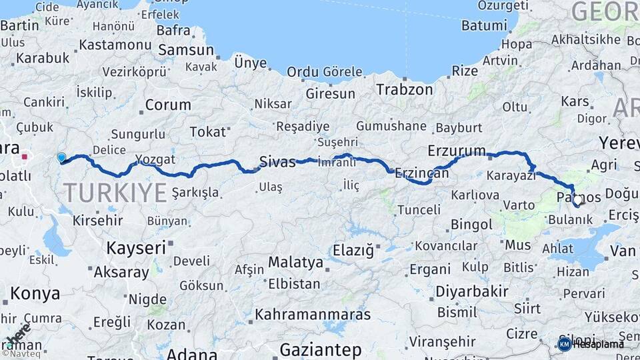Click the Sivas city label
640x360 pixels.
pos(277,161)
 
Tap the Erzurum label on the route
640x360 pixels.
pos(457,150)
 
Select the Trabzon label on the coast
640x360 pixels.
pos(404,89)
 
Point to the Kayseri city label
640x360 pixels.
pos(136,248)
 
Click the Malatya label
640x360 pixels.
pos(295,262)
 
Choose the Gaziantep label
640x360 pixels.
pos(320,349)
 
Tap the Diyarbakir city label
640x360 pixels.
pos(472,291)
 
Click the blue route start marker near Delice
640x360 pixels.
pos(61,158)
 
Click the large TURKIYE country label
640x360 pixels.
pos(115,193)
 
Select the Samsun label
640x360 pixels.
pos(186,51)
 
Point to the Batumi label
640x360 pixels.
pos(485,26)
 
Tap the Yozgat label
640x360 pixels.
pos(155,159)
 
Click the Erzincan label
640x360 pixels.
pos(421,173)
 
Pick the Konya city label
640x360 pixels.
pos(35,293)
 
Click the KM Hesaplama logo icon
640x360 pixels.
pos(564,344)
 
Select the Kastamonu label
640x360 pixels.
pos(115,45)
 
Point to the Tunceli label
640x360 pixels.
pos(419,210)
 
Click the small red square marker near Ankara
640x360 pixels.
pos(25,157)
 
